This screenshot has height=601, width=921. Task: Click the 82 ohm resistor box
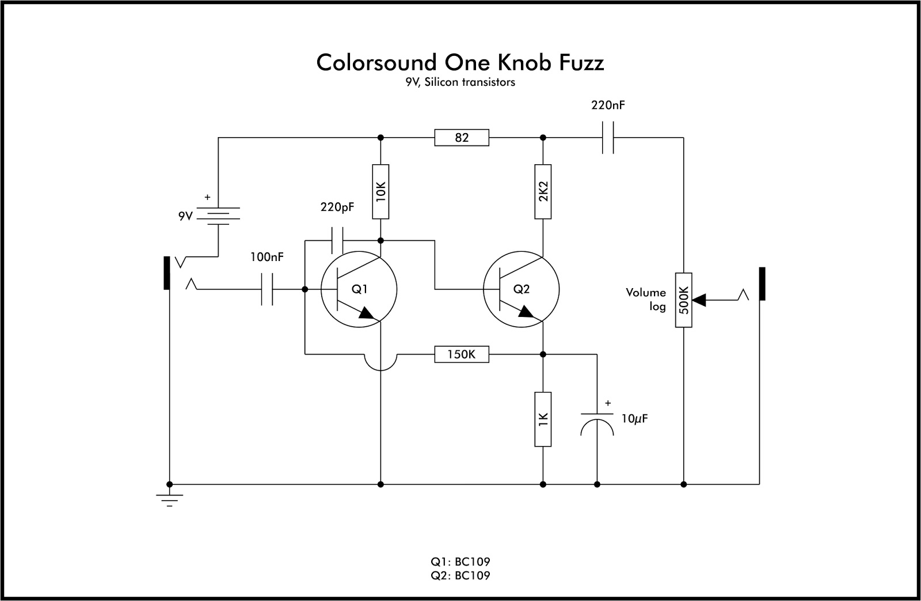point(462,138)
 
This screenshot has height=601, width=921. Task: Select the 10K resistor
point(380,191)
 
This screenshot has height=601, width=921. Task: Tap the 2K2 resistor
point(543,191)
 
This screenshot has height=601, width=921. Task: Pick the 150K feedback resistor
point(462,354)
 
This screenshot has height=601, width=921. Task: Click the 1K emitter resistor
point(543,419)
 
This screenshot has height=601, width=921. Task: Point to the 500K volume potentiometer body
point(683,300)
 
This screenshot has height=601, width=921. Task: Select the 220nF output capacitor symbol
point(608,138)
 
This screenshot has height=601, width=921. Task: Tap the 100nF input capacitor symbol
point(267,289)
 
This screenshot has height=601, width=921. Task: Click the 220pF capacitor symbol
point(337,240)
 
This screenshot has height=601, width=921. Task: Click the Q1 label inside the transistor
point(359,289)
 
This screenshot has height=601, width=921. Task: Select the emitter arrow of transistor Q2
point(526,312)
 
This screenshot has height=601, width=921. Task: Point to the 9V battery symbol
point(218,216)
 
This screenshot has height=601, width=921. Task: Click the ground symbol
point(169,499)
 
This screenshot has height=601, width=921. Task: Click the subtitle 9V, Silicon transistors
point(459,82)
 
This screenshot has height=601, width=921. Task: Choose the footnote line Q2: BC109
point(460,575)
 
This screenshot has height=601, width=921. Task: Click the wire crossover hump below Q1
point(380,363)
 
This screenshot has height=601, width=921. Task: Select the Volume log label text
point(646,300)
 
